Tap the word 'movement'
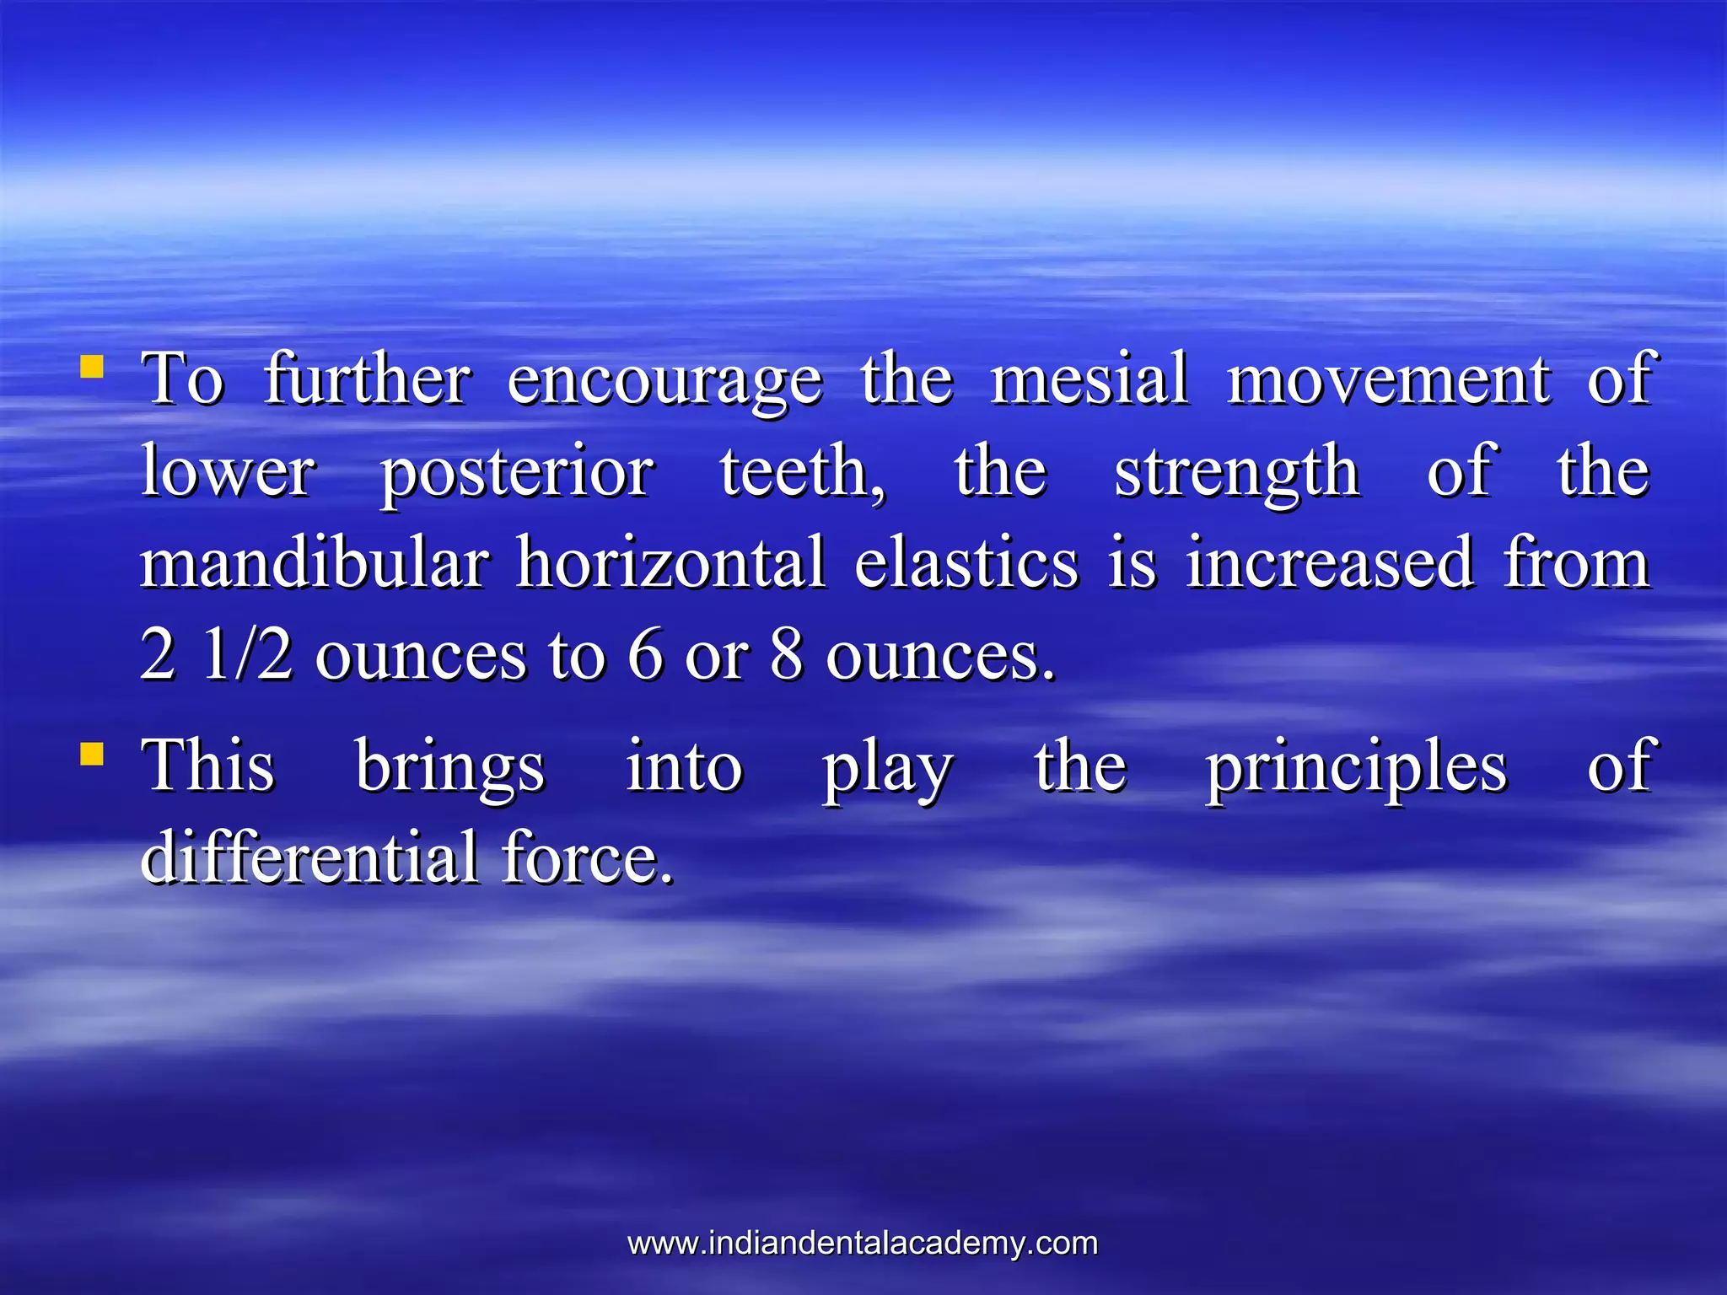tap(1388, 379)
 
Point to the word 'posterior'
tap(516, 473)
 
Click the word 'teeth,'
tap(803, 471)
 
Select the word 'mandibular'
tap(315, 562)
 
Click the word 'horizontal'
tap(670, 562)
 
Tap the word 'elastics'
tap(966, 562)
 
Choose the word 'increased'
tap(1330, 562)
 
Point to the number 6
tap(645, 655)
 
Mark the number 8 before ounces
tap(786, 655)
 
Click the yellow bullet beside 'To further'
tap(92, 367)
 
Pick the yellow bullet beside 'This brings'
tap(92, 753)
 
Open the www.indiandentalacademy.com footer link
tap(863, 1244)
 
